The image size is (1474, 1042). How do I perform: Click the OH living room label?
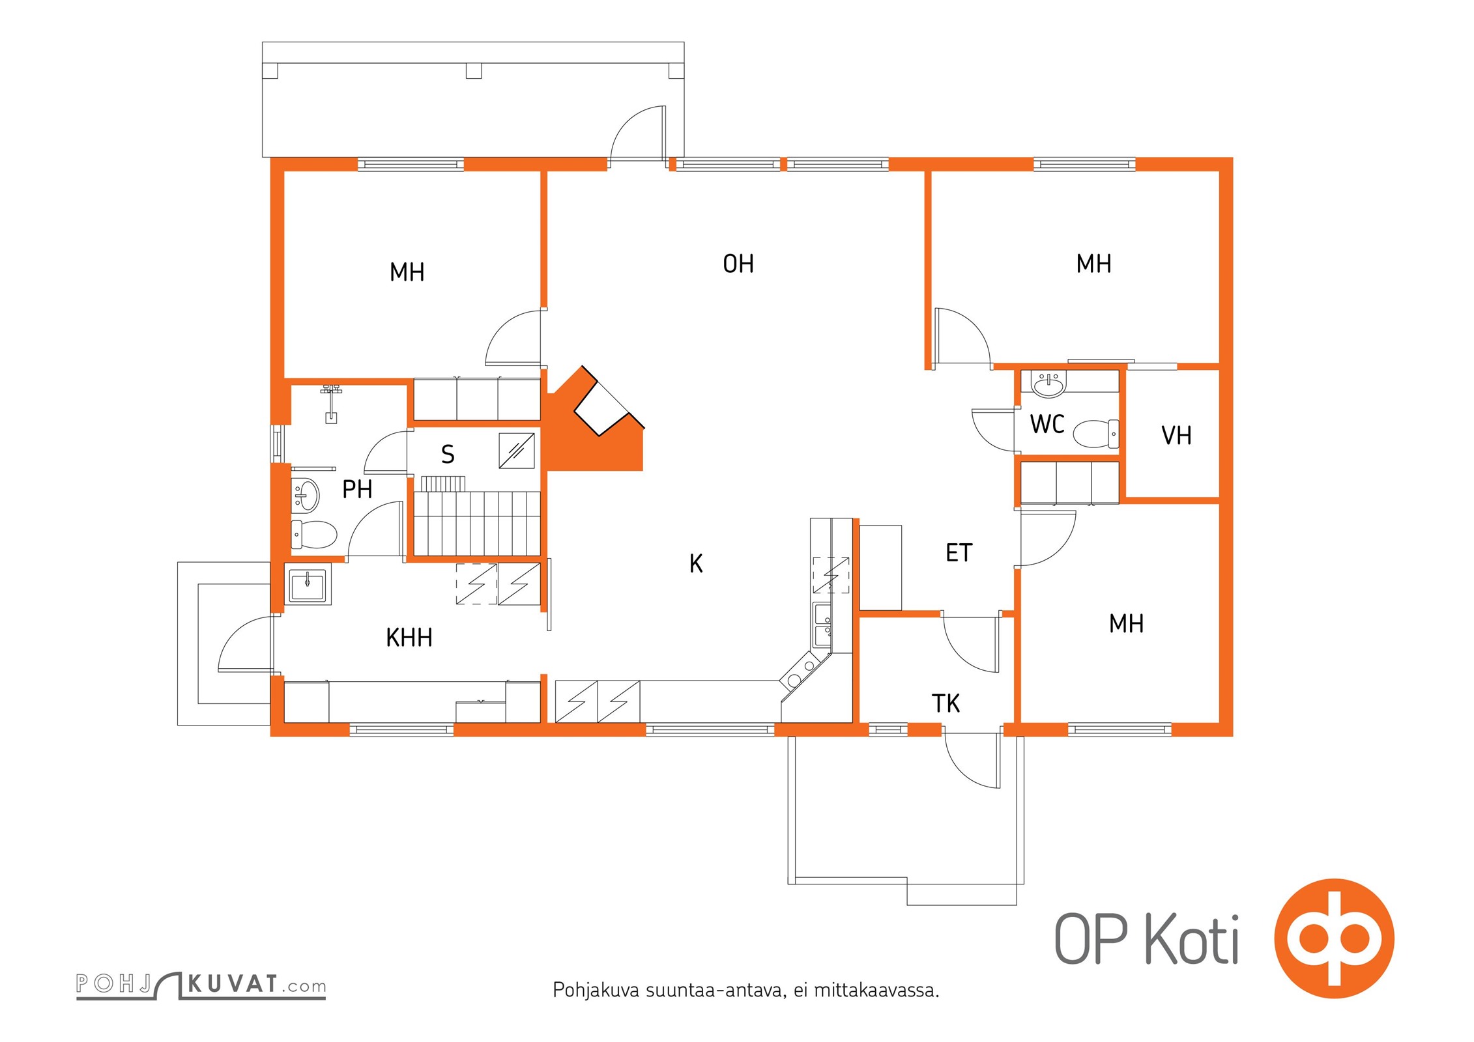pos(738,264)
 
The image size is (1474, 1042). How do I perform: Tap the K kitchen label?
pos(696,563)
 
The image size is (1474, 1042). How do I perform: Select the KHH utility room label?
pos(409,638)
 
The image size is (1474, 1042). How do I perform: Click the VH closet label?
pos(1176,436)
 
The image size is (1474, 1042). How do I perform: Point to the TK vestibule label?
pos(946,703)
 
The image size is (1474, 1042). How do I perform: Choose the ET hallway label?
pos(959,553)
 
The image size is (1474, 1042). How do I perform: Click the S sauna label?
pos(448,455)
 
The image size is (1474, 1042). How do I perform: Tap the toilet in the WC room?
pos(1095,434)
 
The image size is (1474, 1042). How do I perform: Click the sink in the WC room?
pos(1049,384)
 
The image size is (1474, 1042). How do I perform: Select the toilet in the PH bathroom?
pos(313,535)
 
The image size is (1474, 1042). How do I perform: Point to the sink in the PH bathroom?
pos(305,495)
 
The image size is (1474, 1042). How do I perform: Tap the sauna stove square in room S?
pos(517,451)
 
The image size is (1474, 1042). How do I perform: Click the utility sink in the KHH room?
pos(307,584)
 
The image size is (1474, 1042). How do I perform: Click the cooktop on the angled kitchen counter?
pos(801,673)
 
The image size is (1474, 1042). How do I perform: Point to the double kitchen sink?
pos(822,625)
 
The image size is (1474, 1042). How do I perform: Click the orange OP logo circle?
pos(1334,938)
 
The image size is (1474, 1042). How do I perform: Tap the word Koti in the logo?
pos(1192,940)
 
